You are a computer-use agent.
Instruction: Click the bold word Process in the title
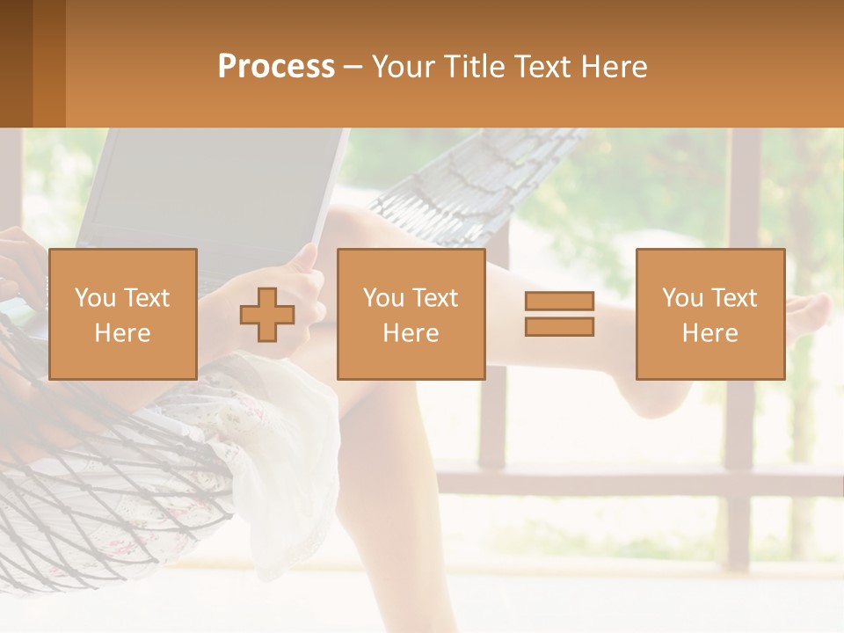click(276, 67)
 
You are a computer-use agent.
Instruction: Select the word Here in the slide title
click(608, 67)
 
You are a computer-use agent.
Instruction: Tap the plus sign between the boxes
click(267, 314)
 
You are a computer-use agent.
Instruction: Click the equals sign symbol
click(559, 314)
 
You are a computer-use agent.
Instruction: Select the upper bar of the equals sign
click(559, 302)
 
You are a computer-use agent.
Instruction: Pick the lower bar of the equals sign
click(559, 326)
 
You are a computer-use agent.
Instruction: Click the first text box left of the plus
click(123, 314)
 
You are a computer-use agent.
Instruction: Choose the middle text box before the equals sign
click(411, 314)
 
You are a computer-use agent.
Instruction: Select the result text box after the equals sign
click(709, 314)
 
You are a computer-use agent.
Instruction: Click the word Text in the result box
click(735, 298)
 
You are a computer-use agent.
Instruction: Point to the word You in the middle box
click(383, 298)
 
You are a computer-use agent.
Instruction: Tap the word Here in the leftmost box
click(123, 333)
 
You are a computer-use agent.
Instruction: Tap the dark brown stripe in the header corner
click(16, 63)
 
